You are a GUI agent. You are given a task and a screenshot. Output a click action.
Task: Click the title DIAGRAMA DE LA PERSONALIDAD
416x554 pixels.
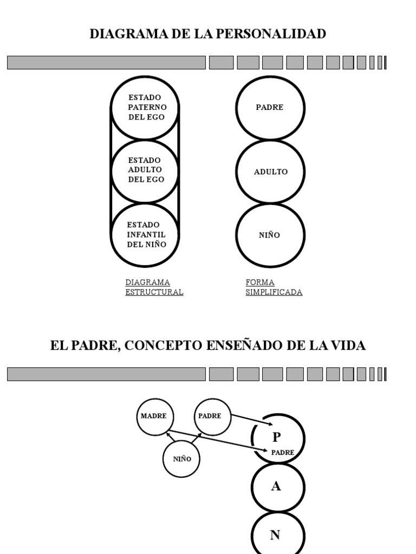[x=207, y=34]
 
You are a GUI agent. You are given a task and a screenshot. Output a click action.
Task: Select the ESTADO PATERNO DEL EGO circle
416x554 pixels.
[x=145, y=107]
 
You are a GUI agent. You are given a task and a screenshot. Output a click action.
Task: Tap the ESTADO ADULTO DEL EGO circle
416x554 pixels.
[x=145, y=170]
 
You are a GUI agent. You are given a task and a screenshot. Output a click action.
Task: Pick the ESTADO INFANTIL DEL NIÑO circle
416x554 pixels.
[x=145, y=235]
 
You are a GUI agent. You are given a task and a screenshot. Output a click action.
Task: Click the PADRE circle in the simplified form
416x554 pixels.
[x=270, y=107]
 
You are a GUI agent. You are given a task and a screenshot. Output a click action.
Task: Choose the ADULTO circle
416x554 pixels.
[x=270, y=172]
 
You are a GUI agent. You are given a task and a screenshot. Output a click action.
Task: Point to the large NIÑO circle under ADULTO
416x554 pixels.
[x=270, y=235]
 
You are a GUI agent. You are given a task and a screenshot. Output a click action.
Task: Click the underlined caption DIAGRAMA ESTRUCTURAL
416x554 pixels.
[x=154, y=287]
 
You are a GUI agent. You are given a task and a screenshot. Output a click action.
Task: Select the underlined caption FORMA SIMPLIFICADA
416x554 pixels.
[x=274, y=287]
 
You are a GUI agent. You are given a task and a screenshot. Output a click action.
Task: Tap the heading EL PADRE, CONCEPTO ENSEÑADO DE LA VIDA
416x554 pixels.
[x=207, y=346]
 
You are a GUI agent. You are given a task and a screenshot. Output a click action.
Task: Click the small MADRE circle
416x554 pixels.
[x=154, y=416]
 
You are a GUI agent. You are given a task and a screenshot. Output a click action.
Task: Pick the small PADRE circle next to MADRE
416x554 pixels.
[x=211, y=416]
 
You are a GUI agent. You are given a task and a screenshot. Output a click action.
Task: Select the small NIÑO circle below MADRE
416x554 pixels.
[x=182, y=459]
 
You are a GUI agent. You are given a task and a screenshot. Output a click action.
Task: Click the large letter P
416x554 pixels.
[x=276, y=437]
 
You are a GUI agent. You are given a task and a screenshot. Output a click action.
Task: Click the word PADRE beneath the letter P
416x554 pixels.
[x=282, y=452]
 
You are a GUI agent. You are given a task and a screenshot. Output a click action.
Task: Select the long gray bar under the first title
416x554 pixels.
[x=106, y=63]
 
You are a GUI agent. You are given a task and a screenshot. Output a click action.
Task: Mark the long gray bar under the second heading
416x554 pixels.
[x=106, y=374]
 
